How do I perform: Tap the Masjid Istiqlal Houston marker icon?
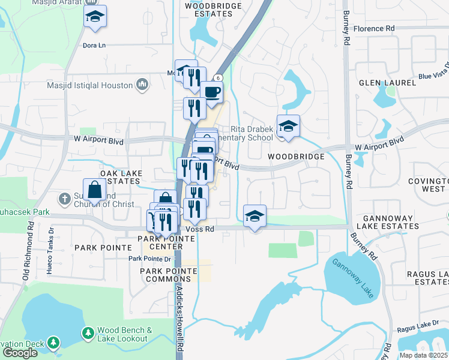pyautogui.click(x=142, y=85)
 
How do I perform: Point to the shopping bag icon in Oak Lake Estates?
pyautogui.click(x=95, y=190)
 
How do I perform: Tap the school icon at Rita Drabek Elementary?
pyautogui.click(x=288, y=126)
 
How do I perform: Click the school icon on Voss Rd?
pyautogui.click(x=255, y=216)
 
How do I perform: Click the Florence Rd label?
pyautogui.click(x=373, y=28)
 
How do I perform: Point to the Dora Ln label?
pyautogui.click(x=94, y=45)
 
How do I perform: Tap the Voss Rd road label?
pyautogui.click(x=200, y=229)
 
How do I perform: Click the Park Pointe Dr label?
pyautogui.click(x=149, y=259)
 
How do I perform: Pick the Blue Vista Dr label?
pyautogui.click(x=435, y=70)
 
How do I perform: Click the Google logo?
pyautogui.click(x=20, y=352)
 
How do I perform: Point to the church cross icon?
pyautogui.click(x=64, y=197)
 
